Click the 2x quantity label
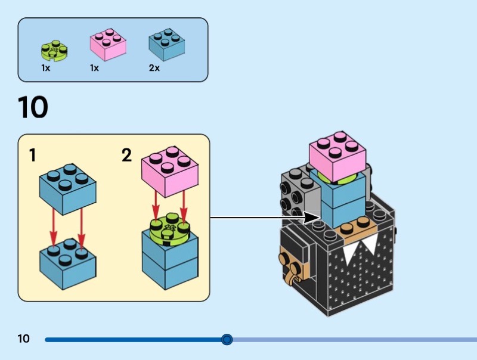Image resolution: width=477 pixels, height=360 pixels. [x=154, y=69]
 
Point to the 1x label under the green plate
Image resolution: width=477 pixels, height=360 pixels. [x=45, y=69]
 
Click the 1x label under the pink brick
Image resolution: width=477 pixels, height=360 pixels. [x=94, y=69]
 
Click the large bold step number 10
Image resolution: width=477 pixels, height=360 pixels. [x=33, y=108]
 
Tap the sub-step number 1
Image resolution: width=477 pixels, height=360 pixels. [x=33, y=156]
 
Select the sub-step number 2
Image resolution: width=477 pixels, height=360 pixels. [x=126, y=156]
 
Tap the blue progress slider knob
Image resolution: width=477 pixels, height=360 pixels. [x=227, y=340]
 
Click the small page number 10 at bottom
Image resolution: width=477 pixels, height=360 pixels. [x=23, y=339]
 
